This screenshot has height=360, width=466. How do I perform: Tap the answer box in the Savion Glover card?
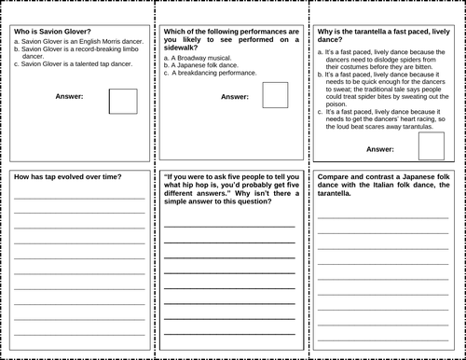tap(123, 101)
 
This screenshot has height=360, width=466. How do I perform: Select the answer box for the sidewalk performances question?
tap(274, 95)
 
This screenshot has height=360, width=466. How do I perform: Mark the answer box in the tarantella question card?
tap(430, 146)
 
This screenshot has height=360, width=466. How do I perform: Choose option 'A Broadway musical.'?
tap(201, 58)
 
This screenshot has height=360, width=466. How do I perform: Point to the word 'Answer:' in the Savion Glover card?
tap(70, 96)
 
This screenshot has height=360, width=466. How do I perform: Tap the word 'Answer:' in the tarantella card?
tap(379, 148)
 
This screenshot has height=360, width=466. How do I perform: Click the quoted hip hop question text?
tap(228, 192)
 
